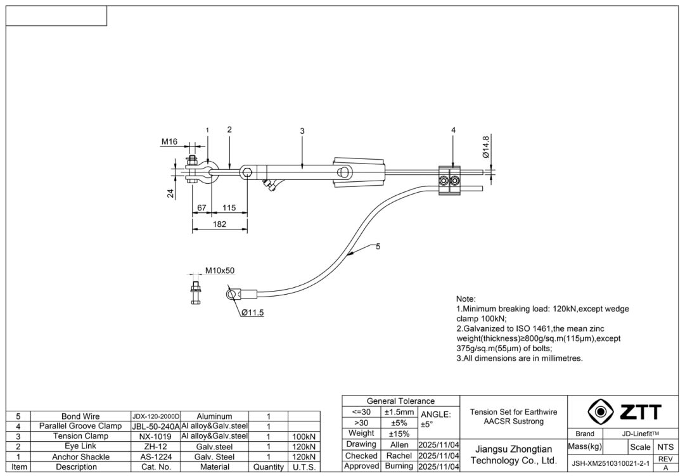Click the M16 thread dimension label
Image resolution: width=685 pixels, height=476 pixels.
coord(169,142)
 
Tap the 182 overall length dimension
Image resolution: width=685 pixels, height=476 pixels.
coord(219,224)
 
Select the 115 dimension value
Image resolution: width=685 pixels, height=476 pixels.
coord(229,208)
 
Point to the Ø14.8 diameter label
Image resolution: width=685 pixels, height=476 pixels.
coord(485,146)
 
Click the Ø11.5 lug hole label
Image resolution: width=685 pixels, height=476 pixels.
coord(252,312)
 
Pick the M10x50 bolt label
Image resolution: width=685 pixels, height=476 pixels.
coord(219,271)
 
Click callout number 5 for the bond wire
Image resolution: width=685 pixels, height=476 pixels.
coord(378,247)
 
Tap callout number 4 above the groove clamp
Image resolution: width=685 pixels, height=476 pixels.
coord(453,130)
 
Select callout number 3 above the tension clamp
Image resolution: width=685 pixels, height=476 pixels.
coord(302,131)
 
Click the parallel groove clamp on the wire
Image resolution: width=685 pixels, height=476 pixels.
coord(452,177)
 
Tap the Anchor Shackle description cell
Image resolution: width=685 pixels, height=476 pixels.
coord(80,456)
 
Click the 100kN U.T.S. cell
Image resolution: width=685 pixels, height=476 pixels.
coord(304,437)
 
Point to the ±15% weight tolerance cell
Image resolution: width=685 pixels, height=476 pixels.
coord(399,434)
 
